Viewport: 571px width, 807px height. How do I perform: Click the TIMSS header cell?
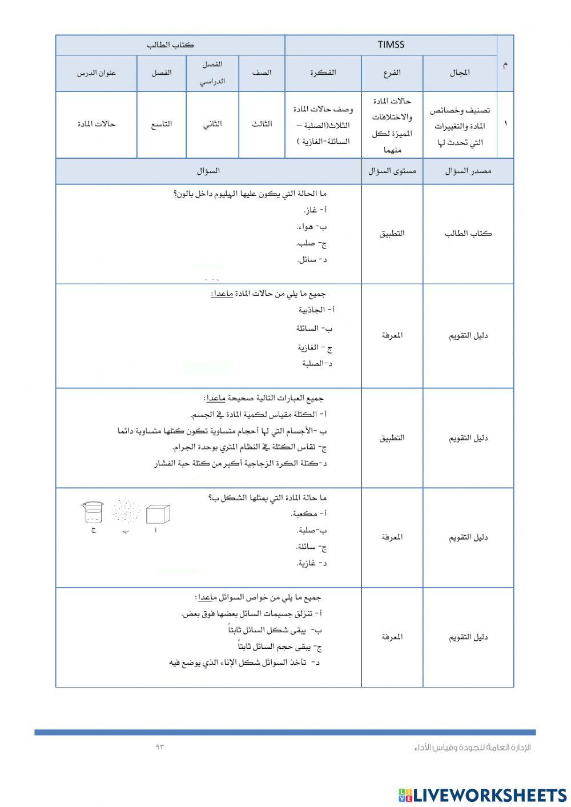click(x=391, y=45)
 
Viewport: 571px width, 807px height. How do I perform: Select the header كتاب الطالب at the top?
click(x=170, y=45)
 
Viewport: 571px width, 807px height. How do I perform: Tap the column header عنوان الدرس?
click(x=96, y=73)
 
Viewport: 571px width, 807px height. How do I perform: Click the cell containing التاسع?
click(x=161, y=124)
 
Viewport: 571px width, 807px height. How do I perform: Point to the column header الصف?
click(x=262, y=73)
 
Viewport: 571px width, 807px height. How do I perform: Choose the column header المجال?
click(x=460, y=73)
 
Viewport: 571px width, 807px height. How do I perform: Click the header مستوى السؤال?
click(x=392, y=171)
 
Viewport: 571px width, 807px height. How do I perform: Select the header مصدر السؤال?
click(x=468, y=171)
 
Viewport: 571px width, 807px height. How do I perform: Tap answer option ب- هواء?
click(x=312, y=227)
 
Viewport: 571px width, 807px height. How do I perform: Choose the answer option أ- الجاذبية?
click(x=316, y=310)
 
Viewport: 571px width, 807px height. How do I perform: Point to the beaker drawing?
click(x=93, y=512)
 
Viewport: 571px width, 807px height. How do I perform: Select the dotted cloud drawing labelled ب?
click(x=126, y=511)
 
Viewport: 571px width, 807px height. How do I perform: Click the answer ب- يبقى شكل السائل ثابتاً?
click(x=275, y=631)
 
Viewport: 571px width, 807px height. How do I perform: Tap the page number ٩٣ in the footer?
click(x=159, y=747)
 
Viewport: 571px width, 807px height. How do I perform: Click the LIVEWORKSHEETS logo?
click(x=482, y=794)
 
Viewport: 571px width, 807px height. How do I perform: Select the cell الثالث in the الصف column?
click(x=262, y=124)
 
